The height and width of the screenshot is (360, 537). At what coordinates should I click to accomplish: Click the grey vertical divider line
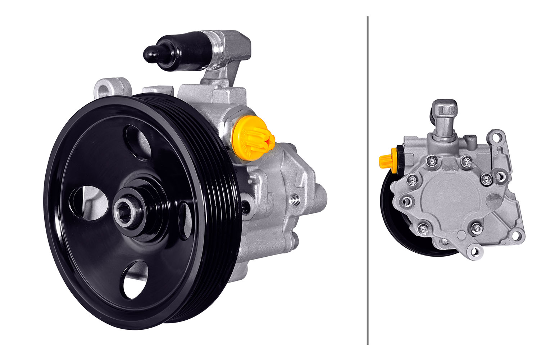point(368,180)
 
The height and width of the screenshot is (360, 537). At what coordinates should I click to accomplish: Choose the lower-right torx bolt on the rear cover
point(476,227)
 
